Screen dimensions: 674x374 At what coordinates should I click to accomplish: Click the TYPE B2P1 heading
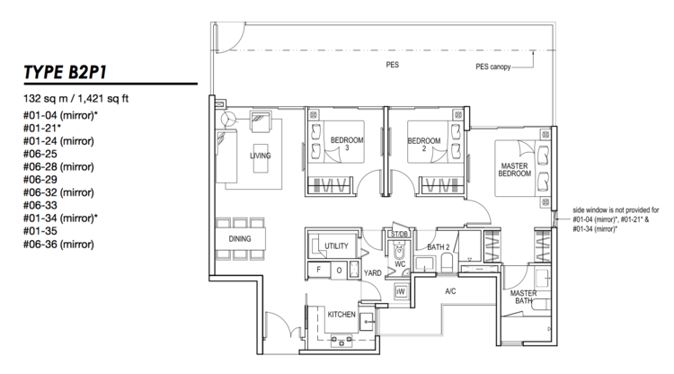(66, 72)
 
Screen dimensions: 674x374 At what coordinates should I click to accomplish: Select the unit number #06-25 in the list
(40, 154)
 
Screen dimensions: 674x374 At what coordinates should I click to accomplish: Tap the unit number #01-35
(40, 231)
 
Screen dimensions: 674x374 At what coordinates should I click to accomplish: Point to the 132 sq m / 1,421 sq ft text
(76, 99)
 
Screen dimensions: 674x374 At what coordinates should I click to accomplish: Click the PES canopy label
(493, 67)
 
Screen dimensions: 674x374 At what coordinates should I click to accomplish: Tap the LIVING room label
(261, 156)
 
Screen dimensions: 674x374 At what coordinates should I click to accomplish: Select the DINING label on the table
(240, 238)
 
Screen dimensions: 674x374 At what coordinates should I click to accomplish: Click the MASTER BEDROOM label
(515, 169)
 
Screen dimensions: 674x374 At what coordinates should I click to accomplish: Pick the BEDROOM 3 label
(347, 144)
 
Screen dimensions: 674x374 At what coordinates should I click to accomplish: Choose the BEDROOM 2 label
(424, 145)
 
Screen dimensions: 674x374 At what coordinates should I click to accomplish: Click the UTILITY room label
(336, 246)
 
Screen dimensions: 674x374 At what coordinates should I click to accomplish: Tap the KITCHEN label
(341, 315)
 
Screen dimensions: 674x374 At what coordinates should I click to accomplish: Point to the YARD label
(372, 273)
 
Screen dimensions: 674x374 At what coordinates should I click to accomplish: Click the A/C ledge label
(450, 291)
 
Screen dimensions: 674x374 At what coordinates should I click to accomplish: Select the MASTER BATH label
(523, 297)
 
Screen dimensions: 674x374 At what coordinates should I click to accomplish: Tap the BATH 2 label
(438, 247)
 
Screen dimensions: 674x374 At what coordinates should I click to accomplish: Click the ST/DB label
(399, 235)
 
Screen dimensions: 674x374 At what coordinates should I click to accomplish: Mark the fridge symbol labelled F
(318, 270)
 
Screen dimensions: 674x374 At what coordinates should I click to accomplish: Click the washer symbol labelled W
(401, 291)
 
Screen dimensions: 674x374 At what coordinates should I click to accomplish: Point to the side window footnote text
(616, 219)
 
